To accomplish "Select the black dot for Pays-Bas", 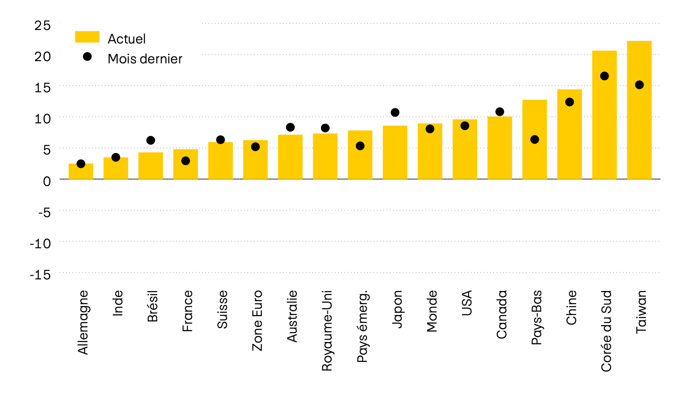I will (535, 139).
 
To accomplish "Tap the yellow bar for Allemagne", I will (81, 172).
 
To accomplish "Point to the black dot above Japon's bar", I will (395, 112).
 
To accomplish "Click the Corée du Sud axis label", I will (606, 331).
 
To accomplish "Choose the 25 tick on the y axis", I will (42, 25).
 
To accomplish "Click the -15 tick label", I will (40, 274).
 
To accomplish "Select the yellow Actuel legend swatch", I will (87, 37).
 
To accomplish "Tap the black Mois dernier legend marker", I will (87, 57).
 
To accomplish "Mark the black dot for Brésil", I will (151, 140).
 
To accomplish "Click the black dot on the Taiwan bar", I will (639, 85).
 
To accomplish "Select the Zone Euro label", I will (257, 320).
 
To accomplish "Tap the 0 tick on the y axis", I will (47, 181).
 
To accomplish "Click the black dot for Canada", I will (499, 112).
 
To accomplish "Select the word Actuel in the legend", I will (126, 39).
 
